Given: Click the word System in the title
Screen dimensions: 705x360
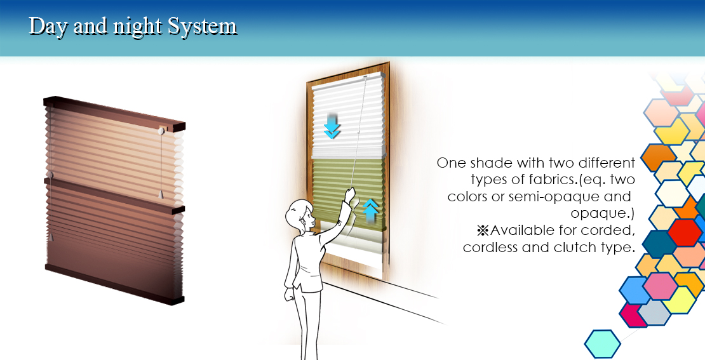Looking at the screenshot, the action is tap(202, 27).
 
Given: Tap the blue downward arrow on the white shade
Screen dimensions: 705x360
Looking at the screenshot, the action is tap(332, 126).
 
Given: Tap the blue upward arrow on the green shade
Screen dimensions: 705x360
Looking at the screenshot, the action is tap(370, 211).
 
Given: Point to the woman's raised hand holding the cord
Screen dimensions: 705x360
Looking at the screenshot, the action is tap(349, 195).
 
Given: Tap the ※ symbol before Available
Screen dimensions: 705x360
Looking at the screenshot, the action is tap(483, 231).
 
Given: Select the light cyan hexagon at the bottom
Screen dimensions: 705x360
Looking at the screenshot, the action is tap(603, 344).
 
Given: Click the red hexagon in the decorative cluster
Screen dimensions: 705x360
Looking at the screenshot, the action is tap(684, 233).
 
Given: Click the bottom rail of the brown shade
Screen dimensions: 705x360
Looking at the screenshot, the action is tap(115, 284).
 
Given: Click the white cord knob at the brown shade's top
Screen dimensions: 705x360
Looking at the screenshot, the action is tap(161, 131).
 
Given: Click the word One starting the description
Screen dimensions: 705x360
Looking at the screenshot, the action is tap(452, 163).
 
